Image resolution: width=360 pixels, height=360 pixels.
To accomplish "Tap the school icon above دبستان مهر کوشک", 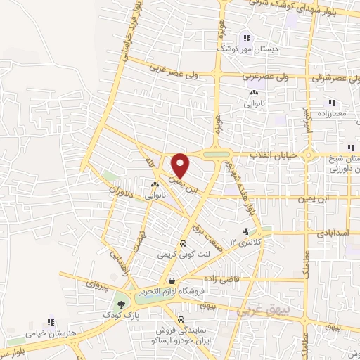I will point(246,39).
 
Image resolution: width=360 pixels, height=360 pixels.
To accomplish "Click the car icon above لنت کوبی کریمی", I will point(183,245).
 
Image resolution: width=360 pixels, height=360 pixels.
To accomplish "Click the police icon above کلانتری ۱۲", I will point(245,231).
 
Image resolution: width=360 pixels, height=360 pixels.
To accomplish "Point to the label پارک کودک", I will point(123,317).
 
